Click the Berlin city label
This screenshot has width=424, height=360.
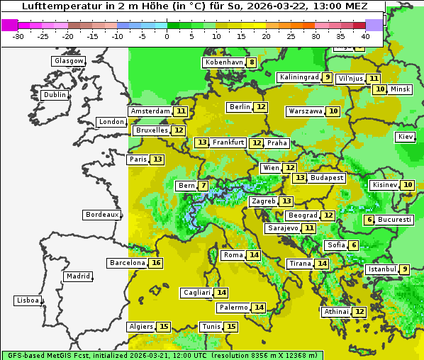(x=240, y=107)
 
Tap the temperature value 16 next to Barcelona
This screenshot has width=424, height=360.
(x=157, y=263)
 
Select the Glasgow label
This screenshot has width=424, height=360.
(x=69, y=61)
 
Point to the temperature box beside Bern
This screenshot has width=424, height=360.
(x=203, y=186)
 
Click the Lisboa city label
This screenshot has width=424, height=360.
(x=28, y=300)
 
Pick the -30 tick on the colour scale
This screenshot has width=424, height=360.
(x=18, y=35)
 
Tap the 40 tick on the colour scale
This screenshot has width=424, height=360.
(x=365, y=35)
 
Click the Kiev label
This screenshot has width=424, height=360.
(x=406, y=137)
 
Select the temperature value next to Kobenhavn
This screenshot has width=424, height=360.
(x=252, y=62)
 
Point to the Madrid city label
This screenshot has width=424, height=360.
(x=78, y=276)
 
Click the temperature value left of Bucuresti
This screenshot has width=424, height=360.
(x=369, y=220)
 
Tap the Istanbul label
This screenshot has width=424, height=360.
(x=381, y=269)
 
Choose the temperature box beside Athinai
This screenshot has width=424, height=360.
(x=359, y=312)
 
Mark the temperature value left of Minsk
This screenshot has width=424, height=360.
(x=380, y=89)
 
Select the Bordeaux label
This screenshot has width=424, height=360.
(x=102, y=214)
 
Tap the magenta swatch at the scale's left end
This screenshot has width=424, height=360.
(x=9, y=24)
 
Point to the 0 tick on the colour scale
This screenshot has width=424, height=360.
(x=167, y=35)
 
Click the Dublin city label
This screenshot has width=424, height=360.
(x=55, y=95)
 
